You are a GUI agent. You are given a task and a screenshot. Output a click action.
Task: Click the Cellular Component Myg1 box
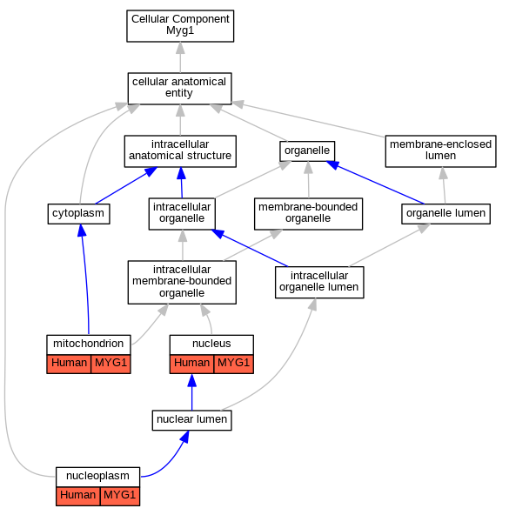click(x=180, y=26)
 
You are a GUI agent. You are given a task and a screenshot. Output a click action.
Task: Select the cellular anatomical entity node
click(x=179, y=89)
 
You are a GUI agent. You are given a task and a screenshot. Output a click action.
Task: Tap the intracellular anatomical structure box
click(x=180, y=151)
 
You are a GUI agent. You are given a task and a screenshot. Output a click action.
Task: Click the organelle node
click(x=307, y=151)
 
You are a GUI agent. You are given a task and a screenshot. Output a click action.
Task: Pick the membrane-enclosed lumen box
click(x=440, y=151)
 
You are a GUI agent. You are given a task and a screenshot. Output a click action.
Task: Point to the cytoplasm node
click(x=78, y=214)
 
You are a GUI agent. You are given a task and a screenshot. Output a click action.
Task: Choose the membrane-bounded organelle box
click(x=308, y=214)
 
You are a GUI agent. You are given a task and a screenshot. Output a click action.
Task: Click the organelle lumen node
click(x=445, y=214)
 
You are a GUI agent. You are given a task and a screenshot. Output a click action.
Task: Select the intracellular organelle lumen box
click(x=319, y=282)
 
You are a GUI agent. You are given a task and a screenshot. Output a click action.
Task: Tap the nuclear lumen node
click(x=192, y=420)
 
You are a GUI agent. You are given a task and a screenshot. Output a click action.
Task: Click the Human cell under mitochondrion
click(x=69, y=364)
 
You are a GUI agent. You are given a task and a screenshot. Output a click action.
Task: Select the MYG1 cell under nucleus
click(x=234, y=364)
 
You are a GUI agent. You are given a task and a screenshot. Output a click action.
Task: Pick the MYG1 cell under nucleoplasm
click(x=119, y=496)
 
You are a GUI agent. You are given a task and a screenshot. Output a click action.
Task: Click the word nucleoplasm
click(x=97, y=476)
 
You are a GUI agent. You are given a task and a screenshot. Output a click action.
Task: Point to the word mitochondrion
click(x=89, y=344)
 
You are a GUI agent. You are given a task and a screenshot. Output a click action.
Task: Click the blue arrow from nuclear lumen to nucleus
click(x=192, y=391)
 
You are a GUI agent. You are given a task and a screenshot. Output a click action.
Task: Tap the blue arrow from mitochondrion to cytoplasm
click(x=85, y=279)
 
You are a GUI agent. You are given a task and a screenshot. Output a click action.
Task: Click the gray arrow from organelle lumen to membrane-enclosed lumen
click(x=444, y=185)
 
